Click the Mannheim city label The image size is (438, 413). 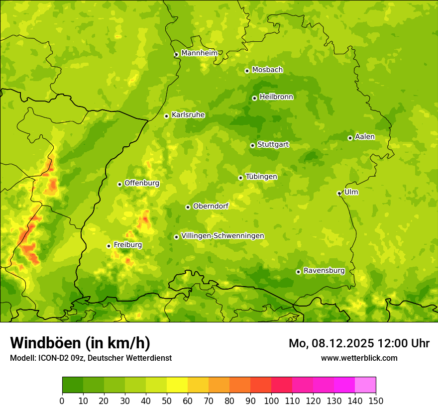[x=199, y=53]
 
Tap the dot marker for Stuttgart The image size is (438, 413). [x=252, y=145]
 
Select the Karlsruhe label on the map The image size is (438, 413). [x=188, y=115]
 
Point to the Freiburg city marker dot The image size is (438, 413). [x=109, y=246]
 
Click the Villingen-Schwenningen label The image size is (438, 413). [x=222, y=236]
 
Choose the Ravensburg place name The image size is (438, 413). [x=324, y=271]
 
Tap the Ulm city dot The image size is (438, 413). [x=339, y=193]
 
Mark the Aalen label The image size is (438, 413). [x=365, y=137]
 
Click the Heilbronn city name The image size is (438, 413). [x=276, y=97]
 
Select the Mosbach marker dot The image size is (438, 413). [x=247, y=71]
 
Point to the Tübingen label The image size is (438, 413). [x=261, y=177]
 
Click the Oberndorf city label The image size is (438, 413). [x=211, y=206]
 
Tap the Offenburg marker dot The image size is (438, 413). [x=119, y=184]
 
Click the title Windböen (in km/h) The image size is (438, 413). [x=80, y=343]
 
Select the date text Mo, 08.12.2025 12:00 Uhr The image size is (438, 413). [x=359, y=343]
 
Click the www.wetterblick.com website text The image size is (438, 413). [x=359, y=358]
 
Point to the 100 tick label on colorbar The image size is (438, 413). [x=271, y=401]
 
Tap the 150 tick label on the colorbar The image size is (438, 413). [x=376, y=401]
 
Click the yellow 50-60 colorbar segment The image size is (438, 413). [x=177, y=385]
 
